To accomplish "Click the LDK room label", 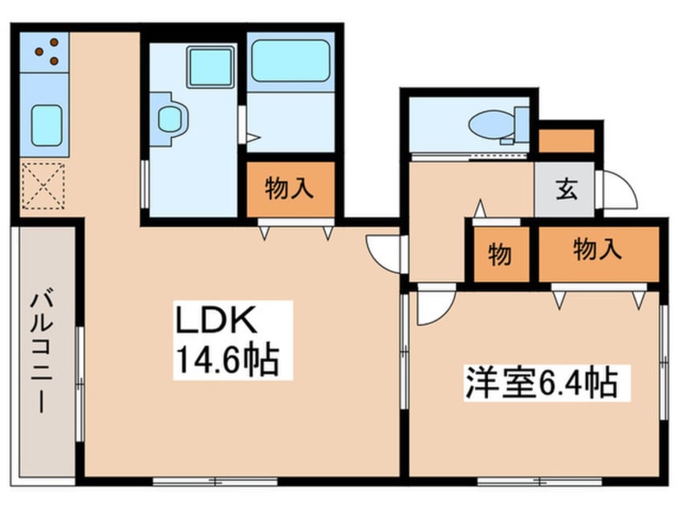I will pos(216,321).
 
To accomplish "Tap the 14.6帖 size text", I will pos(224,360).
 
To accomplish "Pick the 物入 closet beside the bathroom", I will pos(289,189).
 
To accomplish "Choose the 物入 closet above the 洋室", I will pos(597,251).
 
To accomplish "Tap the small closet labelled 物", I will pos(500,255).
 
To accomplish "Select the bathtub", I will pos(290,61).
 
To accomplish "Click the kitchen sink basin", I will pos(47,124).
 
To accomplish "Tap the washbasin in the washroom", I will pos(169,120).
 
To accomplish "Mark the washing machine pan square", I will pos(210,66).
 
